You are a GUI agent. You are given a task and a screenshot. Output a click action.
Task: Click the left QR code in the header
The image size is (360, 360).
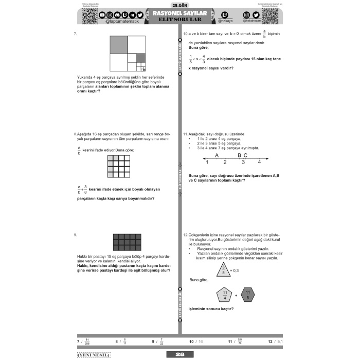pyautogui.click(x=89, y=16)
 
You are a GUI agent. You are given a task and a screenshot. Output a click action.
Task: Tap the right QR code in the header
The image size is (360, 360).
pyautogui.click(x=268, y=16)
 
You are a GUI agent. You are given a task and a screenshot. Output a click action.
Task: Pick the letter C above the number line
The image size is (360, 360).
pyautogui.click(x=245, y=155)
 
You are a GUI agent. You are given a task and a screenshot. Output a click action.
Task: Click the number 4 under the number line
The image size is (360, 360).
pyautogui.click(x=259, y=162)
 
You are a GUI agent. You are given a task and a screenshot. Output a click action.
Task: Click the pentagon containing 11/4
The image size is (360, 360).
pyautogui.click(x=224, y=295)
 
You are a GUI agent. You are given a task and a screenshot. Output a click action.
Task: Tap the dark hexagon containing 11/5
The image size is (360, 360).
pyautogui.click(x=247, y=295)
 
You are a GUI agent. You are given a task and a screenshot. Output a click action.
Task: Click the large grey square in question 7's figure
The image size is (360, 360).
pyautogui.click(x=118, y=44)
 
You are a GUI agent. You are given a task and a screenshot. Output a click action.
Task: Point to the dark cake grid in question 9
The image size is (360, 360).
pyautogui.click(x=127, y=242)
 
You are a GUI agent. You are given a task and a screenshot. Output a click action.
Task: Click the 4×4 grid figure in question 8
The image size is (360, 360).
pyautogui.click(x=119, y=166)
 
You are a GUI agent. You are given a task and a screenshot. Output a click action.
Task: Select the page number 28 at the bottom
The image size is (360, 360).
pyautogui.click(x=179, y=354)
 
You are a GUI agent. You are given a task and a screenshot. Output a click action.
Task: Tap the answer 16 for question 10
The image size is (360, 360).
pyautogui.click(x=200, y=341)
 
